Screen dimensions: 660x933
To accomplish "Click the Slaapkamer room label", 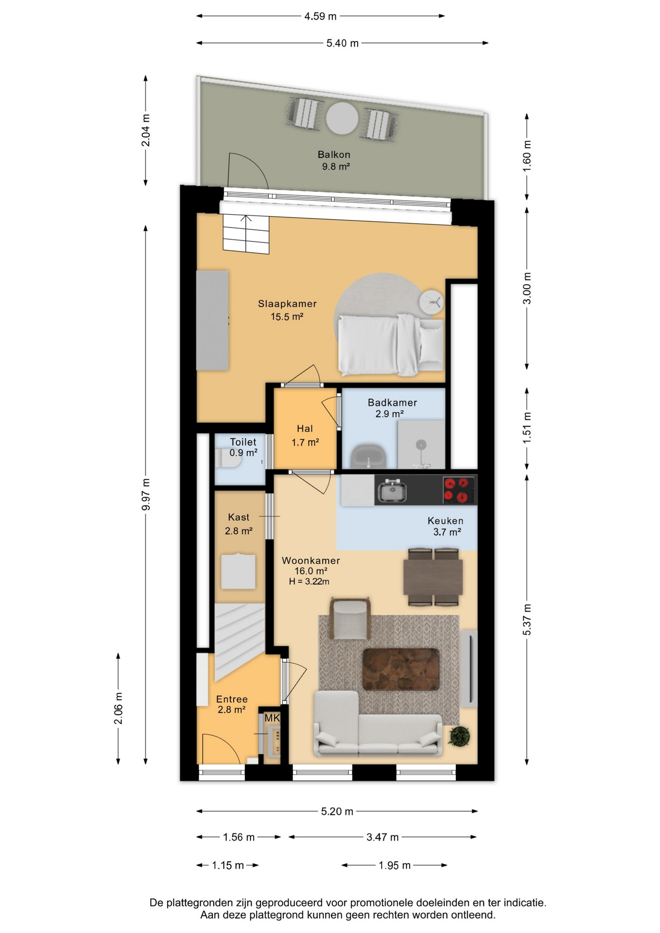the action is tap(287, 304).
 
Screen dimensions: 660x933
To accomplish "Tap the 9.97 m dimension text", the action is tap(146, 494).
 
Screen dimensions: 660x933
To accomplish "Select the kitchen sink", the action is tap(393, 490).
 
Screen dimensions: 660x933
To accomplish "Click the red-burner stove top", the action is tap(459, 490).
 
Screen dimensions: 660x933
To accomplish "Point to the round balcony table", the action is tap(342, 119).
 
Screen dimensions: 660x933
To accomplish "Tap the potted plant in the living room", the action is tap(459, 736).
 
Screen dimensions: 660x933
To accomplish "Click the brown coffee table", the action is tap(401, 669).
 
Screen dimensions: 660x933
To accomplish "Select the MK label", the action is tap(272, 718).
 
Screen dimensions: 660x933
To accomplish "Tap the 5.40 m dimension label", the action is tap(343, 43).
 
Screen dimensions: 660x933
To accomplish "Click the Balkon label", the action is tap(334, 155).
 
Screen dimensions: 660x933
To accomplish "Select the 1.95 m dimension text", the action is tap(395, 865).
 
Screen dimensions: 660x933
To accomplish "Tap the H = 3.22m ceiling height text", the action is tap(309, 582).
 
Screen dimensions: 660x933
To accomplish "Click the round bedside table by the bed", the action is tap(432, 302).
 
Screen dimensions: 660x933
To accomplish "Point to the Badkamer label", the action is tap(392, 402).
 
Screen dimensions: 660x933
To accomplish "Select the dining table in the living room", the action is tap(433, 577).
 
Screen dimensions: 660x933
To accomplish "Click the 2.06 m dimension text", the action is tap(119, 708).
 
